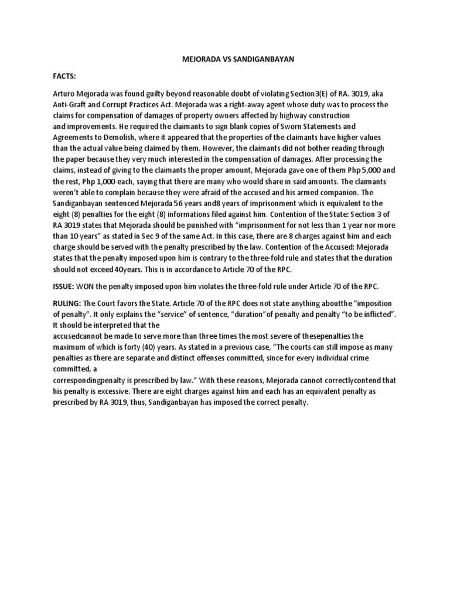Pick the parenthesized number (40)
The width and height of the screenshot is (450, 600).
pos(126,346)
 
